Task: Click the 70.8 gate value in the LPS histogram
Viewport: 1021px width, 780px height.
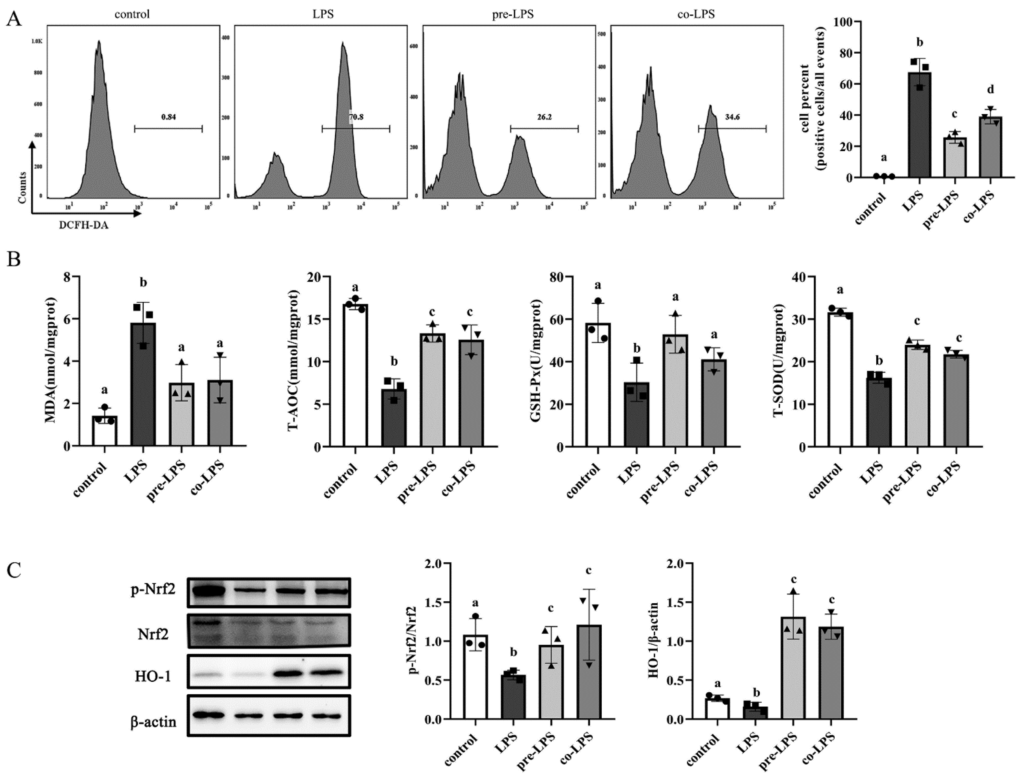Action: pyautogui.click(x=356, y=117)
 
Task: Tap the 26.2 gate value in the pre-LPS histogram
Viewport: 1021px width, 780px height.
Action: pyautogui.click(x=544, y=117)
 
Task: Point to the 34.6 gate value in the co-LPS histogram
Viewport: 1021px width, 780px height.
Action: pyautogui.click(x=732, y=117)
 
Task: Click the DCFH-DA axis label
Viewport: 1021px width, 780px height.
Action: pyautogui.click(x=84, y=226)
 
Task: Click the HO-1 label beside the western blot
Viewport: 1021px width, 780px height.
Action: pyautogui.click(x=153, y=676)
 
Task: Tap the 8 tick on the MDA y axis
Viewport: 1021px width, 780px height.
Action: pyautogui.click(x=67, y=277)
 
